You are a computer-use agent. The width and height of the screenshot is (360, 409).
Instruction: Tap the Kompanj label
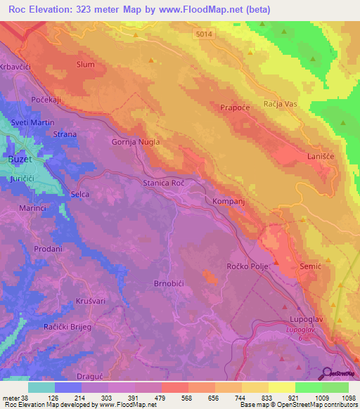coord(229,202)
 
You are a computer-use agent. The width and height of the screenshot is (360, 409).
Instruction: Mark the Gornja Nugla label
coord(136,141)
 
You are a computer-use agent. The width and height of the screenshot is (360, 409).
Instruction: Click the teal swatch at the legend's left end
coord(41,387)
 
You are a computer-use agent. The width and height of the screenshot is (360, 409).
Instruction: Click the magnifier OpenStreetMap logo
coord(326,372)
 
